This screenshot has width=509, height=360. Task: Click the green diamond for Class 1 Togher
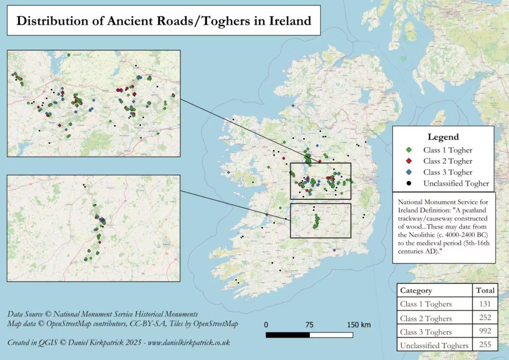[408, 150]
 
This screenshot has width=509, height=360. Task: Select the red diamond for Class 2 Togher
[408, 161]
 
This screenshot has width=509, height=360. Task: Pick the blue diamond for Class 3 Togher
[408, 173]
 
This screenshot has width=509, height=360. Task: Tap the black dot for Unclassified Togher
[408, 183]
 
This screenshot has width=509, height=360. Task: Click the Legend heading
[443, 137]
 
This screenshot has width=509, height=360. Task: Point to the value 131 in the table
[485, 304]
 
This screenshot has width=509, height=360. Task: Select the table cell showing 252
[485, 318]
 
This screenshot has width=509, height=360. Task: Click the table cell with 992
[485, 331]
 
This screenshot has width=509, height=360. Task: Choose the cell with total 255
[485, 345]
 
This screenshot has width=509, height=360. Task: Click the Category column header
[416, 291]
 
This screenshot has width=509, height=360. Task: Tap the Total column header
[485, 291]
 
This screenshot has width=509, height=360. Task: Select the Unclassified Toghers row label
[434, 345]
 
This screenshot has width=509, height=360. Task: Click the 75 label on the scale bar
[309, 325]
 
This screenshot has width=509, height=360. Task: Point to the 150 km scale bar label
[358, 325]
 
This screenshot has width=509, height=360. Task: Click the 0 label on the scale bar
[266, 325]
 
